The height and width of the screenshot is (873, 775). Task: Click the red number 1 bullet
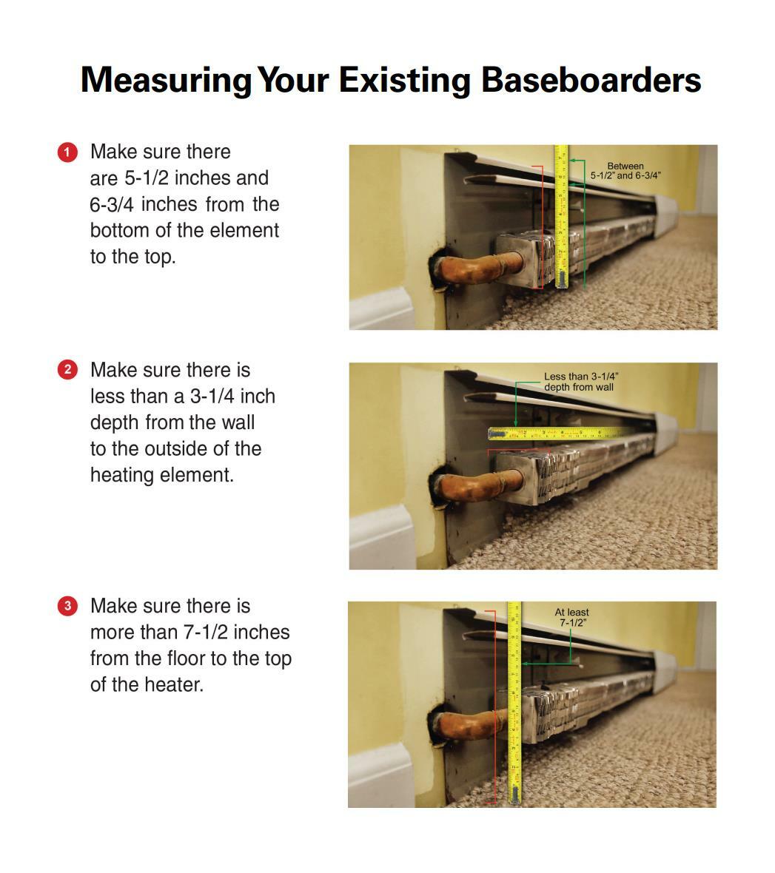click(67, 152)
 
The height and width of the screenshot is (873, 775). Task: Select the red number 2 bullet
click(67, 370)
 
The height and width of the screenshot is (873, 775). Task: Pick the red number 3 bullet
click(67, 606)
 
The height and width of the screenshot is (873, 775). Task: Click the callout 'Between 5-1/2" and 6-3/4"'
click(625, 171)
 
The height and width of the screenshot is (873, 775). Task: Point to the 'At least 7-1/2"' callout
click(571, 617)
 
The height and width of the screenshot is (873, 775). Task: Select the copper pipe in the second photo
click(474, 483)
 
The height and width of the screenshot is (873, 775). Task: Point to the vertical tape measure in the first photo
click(561, 215)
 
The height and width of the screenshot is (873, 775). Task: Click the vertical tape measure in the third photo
click(514, 703)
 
